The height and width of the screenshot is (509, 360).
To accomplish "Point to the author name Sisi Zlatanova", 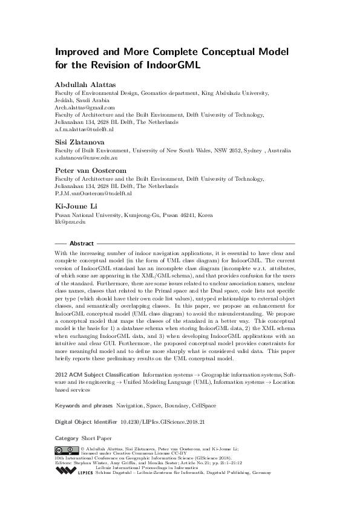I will [77, 142].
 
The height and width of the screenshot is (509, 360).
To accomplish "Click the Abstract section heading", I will [81, 243].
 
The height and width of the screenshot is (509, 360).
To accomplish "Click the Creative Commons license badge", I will [65, 450].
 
